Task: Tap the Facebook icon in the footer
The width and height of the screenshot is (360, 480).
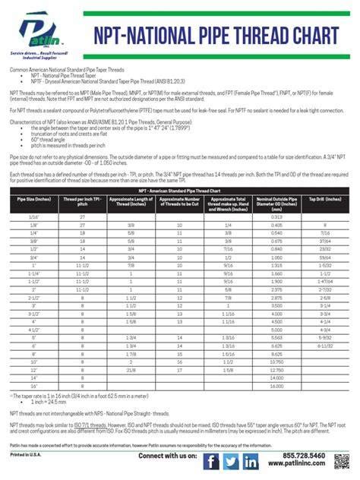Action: click(x=211, y=460)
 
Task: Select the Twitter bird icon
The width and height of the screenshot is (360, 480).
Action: click(x=232, y=460)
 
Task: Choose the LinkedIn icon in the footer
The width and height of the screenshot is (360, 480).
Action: click(x=251, y=460)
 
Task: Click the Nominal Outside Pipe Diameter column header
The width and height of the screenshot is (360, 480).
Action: click(x=276, y=202)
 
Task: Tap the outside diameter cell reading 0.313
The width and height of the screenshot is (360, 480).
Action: click(x=276, y=216)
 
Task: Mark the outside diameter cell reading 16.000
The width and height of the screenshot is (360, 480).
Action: click(x=276, y=387)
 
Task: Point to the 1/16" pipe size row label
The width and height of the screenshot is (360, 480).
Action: click(x=31, y=216)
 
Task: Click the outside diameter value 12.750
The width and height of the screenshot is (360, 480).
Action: click(x=276, y=370)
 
